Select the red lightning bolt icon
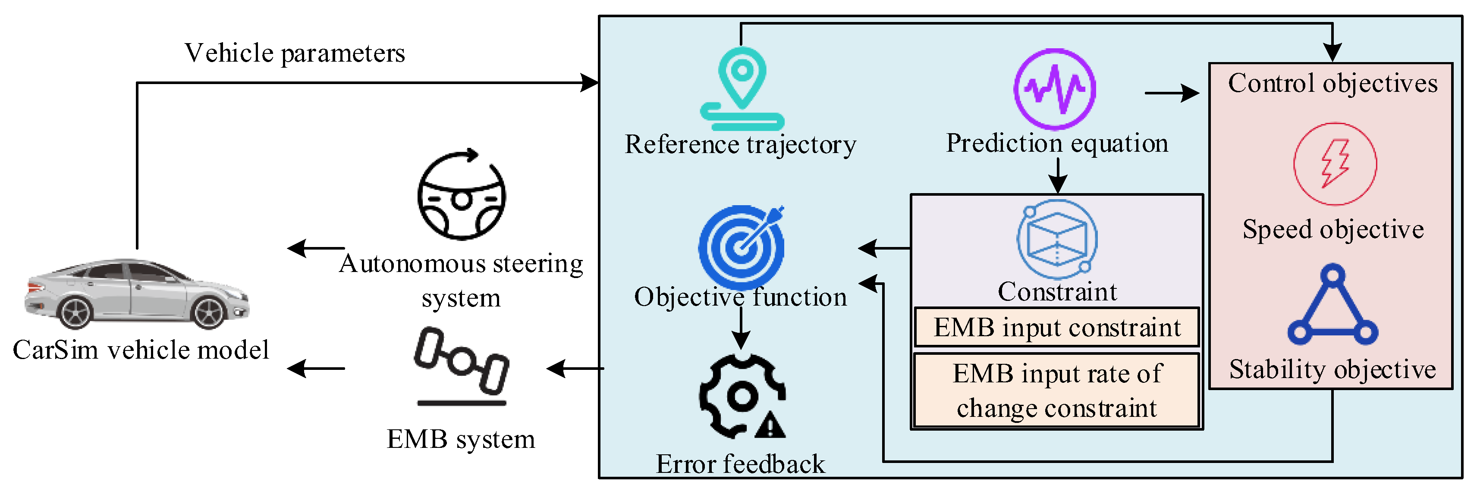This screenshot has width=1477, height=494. click(x=1335, y=164)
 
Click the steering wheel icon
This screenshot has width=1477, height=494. click(x=462, y=195)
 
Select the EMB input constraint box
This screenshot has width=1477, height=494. click(x=1057, y=328)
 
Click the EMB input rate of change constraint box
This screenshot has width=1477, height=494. click(x=1057, y=391)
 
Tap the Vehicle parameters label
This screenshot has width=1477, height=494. click(x=295, y=53)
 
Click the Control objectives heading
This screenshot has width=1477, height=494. click(x=1332, y=84)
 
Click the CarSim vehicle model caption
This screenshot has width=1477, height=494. click(x=141, y=350)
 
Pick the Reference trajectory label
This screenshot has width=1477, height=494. click(x=740, y=144)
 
